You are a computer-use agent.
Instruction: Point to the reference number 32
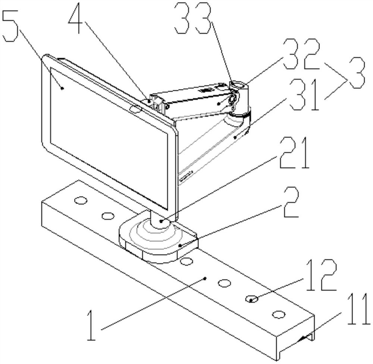tap(301, 55)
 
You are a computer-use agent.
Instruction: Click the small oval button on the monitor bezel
tap(135, 109)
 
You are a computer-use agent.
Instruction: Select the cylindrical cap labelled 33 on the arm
tap(237, 87)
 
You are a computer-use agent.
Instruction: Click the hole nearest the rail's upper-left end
tap(80, 201)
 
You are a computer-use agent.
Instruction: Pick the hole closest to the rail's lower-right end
tap(278, 315)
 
